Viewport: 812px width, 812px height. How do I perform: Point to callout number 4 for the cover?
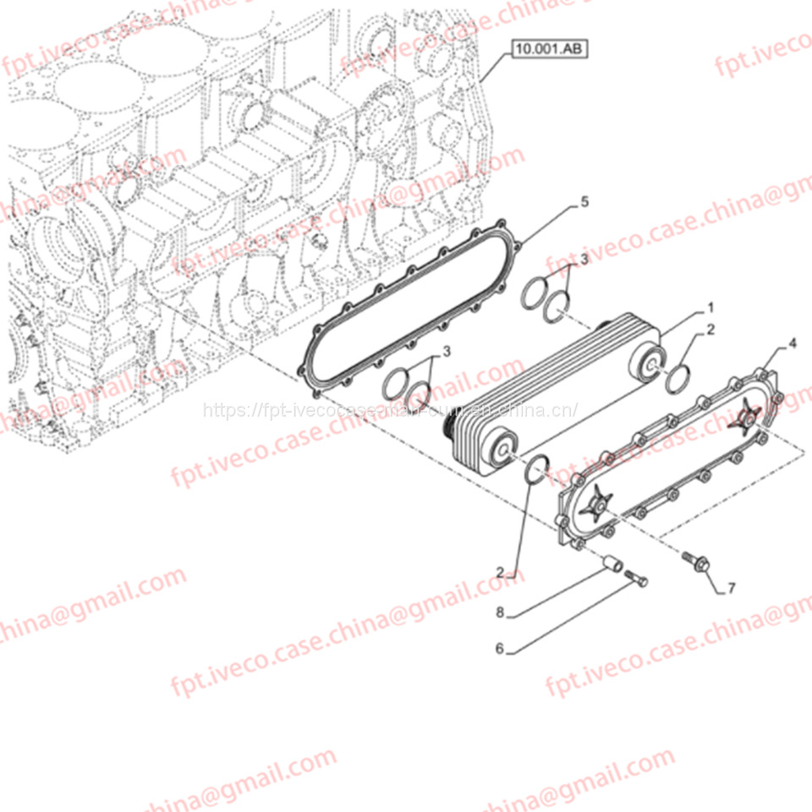click(793, 343)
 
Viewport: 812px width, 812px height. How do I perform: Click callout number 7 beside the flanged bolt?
click(732, 586)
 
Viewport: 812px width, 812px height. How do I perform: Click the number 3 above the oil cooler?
click(584, 258)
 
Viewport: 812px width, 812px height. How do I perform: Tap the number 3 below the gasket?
click(446, 350)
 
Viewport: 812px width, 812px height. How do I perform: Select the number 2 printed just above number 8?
click(501, 573)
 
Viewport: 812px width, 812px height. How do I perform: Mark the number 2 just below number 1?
click(710, 330)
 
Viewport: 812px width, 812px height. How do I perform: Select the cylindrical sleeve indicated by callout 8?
click(609, 563)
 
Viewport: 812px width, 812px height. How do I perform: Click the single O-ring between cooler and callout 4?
click(676, 379)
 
